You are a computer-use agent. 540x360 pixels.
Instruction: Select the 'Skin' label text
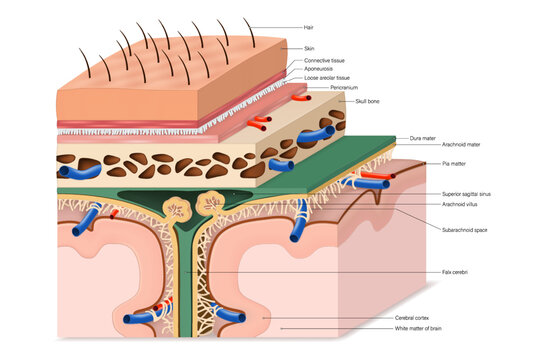309,48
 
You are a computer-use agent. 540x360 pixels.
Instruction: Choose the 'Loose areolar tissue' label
326,77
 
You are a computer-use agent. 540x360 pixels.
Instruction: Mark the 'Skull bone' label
366,101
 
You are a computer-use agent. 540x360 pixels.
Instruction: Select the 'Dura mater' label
422,138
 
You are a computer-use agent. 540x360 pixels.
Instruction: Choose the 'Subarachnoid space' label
464,229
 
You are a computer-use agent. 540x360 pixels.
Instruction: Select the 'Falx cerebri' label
455,271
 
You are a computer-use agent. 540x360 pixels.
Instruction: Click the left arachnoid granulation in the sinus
177,209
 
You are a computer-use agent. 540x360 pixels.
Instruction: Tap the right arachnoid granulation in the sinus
211,204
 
